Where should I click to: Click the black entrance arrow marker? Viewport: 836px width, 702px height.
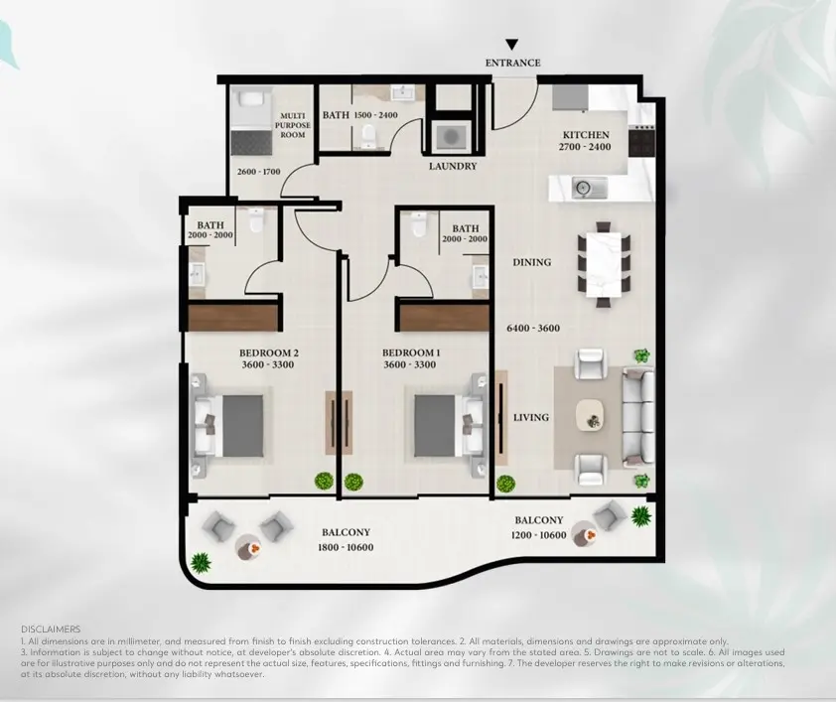click(x=512, y=45)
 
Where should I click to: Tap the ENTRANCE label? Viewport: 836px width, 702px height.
click(x=513, y=63)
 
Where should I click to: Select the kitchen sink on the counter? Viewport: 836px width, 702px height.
click(x=589, y=188)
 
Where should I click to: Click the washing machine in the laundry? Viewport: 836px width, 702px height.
click(x=452, y=137)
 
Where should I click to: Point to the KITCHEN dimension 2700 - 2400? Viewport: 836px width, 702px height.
click(x=585, y=147)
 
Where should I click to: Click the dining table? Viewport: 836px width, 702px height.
click(x=604, y=264)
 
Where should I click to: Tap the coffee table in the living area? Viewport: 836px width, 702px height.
click(x=590, y=414)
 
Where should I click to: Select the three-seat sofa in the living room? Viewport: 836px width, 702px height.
click(x=638, y=417)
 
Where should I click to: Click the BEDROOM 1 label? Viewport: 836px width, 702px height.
click(x=411, y=352)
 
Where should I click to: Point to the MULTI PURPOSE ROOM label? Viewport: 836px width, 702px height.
click(x=293, y=125)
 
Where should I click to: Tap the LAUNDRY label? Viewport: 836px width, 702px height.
click(x=453, y=166)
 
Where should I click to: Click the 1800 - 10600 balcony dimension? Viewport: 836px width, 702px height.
click(x=346, y=547)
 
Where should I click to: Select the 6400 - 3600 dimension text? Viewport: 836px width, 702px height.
click(x=533, y=329)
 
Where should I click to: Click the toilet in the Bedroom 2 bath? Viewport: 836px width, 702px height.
click(x=256, y=220)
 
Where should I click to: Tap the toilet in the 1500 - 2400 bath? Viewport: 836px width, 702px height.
click(x=368, y=136)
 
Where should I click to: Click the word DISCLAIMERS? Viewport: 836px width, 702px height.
click(x=51, y=630)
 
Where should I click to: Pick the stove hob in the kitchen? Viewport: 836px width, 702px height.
click(x=641, y=140)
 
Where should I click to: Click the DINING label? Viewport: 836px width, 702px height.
click(x=532, y=262)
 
